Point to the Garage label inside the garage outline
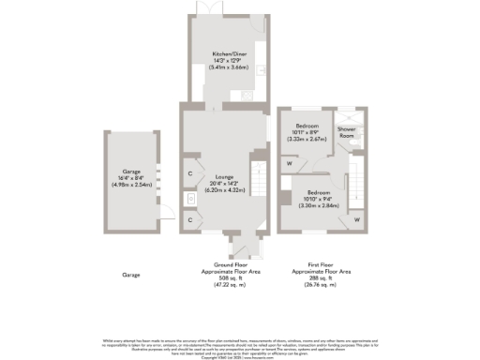(130, 172)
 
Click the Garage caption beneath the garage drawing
(130, 275)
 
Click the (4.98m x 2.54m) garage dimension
(130, 185)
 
